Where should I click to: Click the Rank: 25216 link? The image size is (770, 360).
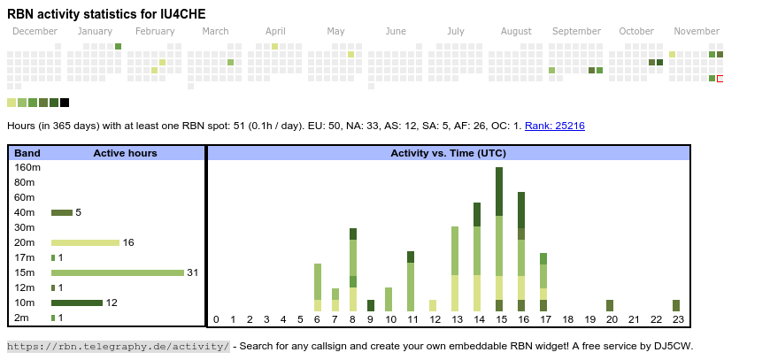pos(554,126)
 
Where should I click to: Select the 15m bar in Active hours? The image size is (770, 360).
pos(117,272)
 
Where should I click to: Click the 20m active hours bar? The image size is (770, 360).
pos(85,242)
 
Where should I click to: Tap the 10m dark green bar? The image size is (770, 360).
pos(77,303)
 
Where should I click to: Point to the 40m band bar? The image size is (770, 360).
pos(62,212)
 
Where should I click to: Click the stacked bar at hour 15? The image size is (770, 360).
pos(500,239)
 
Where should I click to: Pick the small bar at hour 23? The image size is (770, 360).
pos(676,305)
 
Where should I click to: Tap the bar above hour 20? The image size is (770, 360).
pos(610,305)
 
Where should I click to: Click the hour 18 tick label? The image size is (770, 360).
pos(568,319)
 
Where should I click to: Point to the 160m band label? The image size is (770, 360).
pos(27,167)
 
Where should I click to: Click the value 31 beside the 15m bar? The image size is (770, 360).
pos(192,272)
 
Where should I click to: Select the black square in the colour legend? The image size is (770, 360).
pos(65,103)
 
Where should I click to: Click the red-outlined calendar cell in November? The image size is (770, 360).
pos(720,79)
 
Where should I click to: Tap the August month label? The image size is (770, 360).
pos(516,32)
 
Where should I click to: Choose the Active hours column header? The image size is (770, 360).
pos(125,153)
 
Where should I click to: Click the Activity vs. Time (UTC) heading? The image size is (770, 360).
pos(448,153)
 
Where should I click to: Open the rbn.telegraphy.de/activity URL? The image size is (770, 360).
pos(119,346)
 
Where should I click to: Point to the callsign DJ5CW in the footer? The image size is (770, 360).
pos(673,346)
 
